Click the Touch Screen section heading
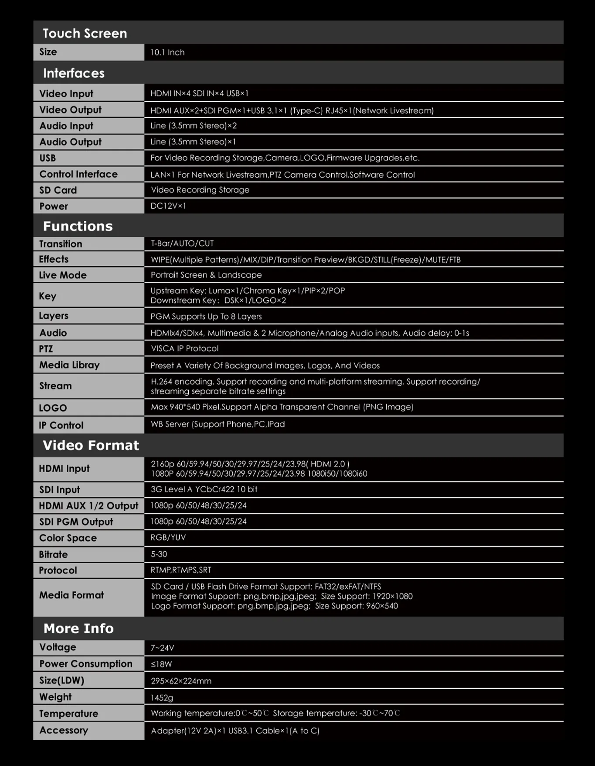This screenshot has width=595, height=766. coord(85,33)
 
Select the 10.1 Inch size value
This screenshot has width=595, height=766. coord(167,52)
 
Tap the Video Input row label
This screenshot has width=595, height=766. coord(66,93)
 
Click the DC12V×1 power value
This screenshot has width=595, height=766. coord(168,206)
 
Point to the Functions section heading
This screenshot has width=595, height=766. coord(78,226)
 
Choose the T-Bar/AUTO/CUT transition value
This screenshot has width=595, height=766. coord(182,244)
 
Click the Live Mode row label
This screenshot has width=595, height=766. coord(63,275)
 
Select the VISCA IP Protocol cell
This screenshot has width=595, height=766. coord(184,349)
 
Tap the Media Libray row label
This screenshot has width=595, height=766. coord(69,365)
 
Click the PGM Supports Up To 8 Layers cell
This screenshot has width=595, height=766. coord(206,316)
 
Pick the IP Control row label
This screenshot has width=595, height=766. coord(61,425)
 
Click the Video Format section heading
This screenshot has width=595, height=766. coord(91,445)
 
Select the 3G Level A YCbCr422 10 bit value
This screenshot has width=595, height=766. coord(204,489)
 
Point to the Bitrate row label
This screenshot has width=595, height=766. coord(53,554)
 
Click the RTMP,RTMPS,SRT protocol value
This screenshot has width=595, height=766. coord(181,570)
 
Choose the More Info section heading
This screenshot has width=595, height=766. coord(78,629)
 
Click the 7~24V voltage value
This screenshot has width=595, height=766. coord(162,648)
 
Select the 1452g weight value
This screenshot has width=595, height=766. coord(162,698)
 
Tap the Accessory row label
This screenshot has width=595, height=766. coord(64,730)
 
